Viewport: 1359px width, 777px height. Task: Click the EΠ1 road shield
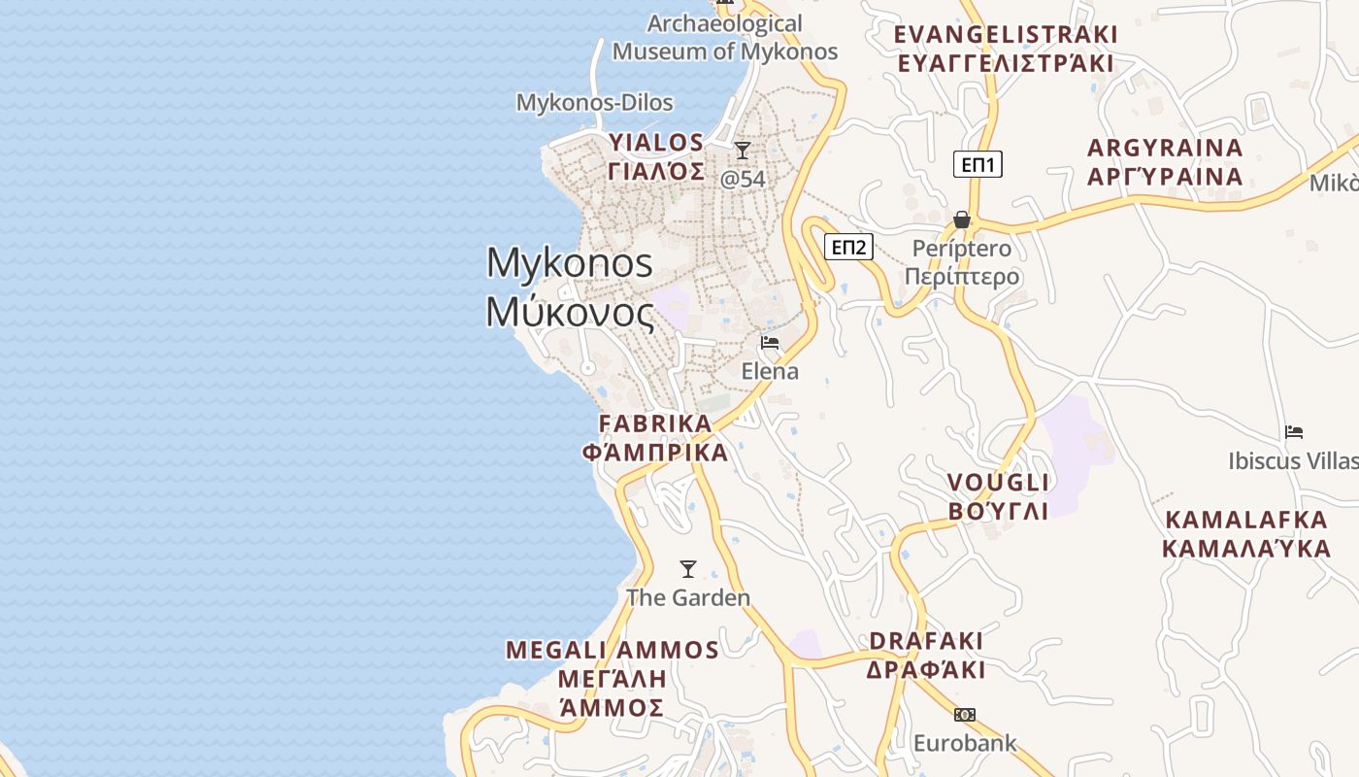[978, 164]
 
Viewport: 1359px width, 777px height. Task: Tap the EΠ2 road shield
[848, 247]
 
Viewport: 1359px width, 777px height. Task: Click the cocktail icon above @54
[743, 150]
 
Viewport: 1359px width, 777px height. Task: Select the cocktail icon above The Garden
[688, 568]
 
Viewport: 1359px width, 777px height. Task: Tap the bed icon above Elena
[770, 343]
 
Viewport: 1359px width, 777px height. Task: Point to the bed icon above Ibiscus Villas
[1293, 432]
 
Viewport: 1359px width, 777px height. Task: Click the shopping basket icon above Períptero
[962, 220]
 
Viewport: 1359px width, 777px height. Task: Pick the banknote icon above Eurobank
[964, 715]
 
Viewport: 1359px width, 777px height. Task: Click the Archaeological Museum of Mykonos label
[725, 38]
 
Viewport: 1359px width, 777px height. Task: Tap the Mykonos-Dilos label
[594, 102]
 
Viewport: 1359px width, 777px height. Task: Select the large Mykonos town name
[571, 287]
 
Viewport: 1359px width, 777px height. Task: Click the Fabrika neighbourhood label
[655, 438]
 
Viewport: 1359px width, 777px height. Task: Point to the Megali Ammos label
[613, 678]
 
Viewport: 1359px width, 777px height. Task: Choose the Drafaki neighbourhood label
[926, 656]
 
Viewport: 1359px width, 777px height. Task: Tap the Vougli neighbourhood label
[998, 496]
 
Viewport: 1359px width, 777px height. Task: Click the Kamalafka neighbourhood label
[1245, 533]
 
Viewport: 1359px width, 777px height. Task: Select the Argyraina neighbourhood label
[1165, 162]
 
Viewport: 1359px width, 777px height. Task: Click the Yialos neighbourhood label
[656, 156]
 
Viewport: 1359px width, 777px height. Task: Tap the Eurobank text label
[965, 744]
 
